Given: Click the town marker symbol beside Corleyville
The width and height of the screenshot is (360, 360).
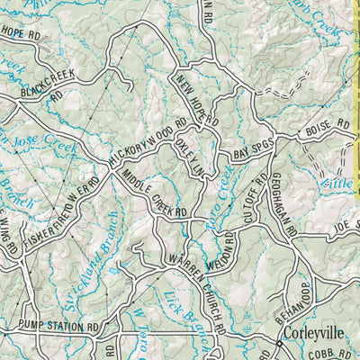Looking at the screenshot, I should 279,342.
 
